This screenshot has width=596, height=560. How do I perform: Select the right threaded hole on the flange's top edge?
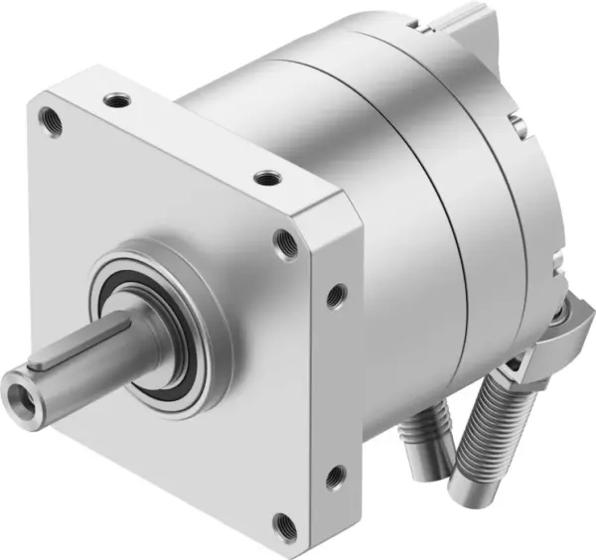click(x=264, y=179)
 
